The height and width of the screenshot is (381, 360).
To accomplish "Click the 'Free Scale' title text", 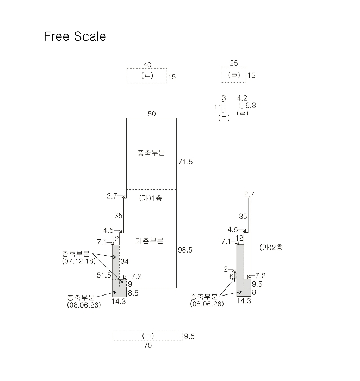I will point(75,37).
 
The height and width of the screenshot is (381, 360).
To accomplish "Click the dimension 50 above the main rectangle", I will point(151,113).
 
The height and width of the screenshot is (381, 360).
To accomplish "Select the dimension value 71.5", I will point(185,162).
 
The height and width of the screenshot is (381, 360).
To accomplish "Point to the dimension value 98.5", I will point(185,250).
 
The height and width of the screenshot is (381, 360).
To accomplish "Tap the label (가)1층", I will point(151,198).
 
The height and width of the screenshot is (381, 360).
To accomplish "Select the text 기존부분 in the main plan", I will point(151,240).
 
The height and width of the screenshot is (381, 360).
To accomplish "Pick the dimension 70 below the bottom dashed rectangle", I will point(148,346).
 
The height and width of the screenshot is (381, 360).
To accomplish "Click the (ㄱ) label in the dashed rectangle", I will point(147,335).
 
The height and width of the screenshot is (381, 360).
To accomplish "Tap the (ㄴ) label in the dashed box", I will point(146,76).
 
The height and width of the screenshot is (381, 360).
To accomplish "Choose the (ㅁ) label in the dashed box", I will point(234,75).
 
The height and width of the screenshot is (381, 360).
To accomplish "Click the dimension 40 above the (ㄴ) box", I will point(147,65).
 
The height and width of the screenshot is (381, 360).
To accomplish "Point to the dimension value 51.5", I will point(104,275).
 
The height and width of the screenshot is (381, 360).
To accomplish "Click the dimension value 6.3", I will point(250,106).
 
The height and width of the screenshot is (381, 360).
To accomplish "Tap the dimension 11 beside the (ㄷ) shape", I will point(218,107).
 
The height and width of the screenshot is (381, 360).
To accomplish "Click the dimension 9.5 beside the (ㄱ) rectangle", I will point(189,336).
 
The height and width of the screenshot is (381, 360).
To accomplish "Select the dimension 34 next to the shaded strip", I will point(124,261).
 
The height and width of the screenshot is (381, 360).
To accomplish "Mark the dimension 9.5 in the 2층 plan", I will point(258,284).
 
